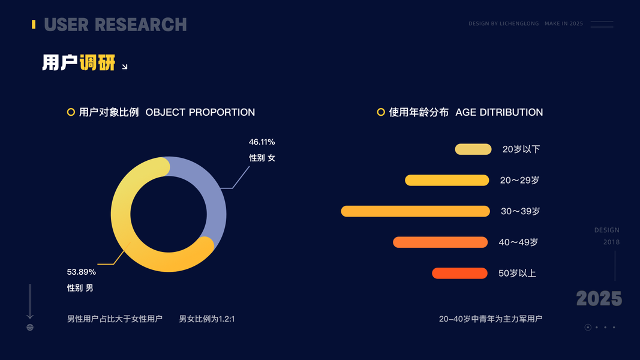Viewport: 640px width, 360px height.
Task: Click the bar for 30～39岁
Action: (x=416, y=211)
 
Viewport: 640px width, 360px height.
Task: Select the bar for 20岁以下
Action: (x=473, y=149)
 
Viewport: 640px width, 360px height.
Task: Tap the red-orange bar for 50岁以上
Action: (x=459, y=273)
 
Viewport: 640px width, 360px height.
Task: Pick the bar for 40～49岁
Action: (x=440, y=242)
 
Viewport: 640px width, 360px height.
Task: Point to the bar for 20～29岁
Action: (x=447, y=180)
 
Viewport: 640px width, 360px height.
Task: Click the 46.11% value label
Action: (x=262, y=142)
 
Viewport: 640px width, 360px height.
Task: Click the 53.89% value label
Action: (x=81, y=272)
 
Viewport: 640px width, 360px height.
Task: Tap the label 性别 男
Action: (x=80, y=288)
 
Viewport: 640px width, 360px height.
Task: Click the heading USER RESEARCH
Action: (x=115, y=25)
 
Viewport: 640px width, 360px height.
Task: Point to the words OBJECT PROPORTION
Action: (x=200, y=112)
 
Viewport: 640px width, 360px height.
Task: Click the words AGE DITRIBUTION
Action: (x=499, y=112)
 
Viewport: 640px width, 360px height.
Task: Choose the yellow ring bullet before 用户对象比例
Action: (x=71, y=112)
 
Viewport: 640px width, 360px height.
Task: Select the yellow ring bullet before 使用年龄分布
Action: (x=381, y=112)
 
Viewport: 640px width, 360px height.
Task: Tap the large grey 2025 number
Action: (x=599, y=298)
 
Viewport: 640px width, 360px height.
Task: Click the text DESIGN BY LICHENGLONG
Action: (x=504, y=23)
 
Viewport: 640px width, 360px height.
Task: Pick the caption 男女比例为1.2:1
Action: (x=207, y=319)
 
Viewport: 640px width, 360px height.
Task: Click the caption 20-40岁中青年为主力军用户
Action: (x=491, y=319)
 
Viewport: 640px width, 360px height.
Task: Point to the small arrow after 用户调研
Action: (x=125, y=67)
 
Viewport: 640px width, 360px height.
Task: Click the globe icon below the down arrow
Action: (x=30, y=328)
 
